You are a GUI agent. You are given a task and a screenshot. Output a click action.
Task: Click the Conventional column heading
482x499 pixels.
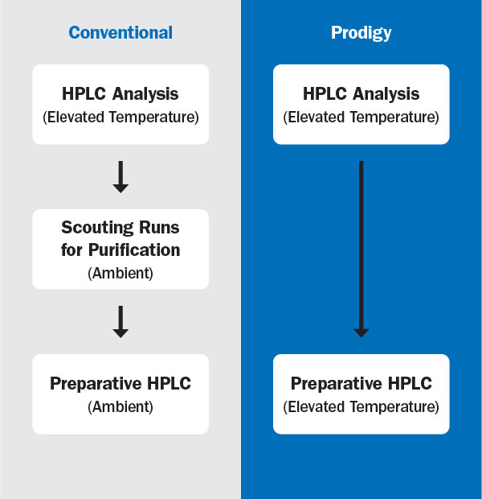tap(120, 33)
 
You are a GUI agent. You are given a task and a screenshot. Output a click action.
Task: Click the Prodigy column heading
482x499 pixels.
tap(361, 33)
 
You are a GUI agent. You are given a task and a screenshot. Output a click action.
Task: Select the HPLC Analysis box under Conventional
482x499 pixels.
tap(120, 105)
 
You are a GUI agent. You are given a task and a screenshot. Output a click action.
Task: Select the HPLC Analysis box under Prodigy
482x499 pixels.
tap(361, 105)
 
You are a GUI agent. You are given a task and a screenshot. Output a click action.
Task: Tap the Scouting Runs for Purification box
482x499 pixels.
tap(120, 249)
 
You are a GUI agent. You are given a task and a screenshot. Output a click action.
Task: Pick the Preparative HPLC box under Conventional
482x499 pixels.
tap(120, 394)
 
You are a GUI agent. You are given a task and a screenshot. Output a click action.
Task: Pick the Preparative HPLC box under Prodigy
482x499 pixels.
tap(361, 394)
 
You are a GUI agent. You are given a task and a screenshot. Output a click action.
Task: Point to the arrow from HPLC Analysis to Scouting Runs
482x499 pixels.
tap(120, 176)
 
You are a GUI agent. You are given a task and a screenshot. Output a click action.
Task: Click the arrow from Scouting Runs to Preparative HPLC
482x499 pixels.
tap(120, 321)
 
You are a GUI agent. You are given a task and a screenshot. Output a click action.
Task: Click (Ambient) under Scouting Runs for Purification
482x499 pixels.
tap(120, 273)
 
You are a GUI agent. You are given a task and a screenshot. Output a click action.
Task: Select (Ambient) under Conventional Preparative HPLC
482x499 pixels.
tap(120, 407)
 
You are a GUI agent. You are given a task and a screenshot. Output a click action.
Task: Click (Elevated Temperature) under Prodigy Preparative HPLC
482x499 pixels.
tap(361, 407)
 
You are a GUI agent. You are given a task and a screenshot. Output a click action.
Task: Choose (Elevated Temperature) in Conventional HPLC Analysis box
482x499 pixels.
tap(120, 118)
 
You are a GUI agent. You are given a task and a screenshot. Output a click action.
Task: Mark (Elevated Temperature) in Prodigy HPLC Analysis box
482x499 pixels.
tap(361, 118)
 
